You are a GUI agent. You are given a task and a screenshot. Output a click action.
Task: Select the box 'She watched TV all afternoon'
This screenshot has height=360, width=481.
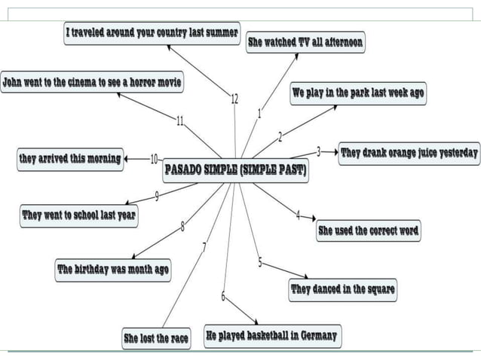point(305,42)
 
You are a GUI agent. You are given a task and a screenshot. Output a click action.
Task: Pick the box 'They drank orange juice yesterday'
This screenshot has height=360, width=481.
point(409,153)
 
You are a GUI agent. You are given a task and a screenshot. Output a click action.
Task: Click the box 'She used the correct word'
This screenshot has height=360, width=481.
point(368,230)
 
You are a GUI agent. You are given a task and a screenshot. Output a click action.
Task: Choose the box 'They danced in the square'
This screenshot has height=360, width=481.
point(342,289)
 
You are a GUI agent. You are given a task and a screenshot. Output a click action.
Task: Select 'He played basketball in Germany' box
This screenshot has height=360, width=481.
point(271,336)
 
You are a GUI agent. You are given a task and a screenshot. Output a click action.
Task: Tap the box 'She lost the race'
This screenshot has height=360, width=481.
point(156,339)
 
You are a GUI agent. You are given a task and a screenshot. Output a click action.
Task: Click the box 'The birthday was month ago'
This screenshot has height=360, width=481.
point(113,269)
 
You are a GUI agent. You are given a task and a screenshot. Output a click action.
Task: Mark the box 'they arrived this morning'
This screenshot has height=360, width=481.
point(70,159)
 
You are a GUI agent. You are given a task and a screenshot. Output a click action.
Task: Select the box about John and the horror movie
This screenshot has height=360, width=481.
point(91,81)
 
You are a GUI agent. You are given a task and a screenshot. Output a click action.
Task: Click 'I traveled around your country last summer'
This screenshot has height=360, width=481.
point(152,33)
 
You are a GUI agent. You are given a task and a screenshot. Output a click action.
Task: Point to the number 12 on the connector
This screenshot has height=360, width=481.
point(234,99)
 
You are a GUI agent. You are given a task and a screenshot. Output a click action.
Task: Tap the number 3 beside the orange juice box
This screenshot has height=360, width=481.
point(318,151)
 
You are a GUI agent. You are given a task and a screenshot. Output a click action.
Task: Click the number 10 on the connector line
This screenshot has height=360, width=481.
point(155,159)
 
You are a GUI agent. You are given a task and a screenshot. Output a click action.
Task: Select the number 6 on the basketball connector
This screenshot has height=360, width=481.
point(223,295)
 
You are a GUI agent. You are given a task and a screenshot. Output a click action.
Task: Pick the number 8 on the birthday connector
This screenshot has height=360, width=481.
point(182,226)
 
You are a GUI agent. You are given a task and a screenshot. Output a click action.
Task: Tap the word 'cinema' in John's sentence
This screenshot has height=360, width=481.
point(82,81)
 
